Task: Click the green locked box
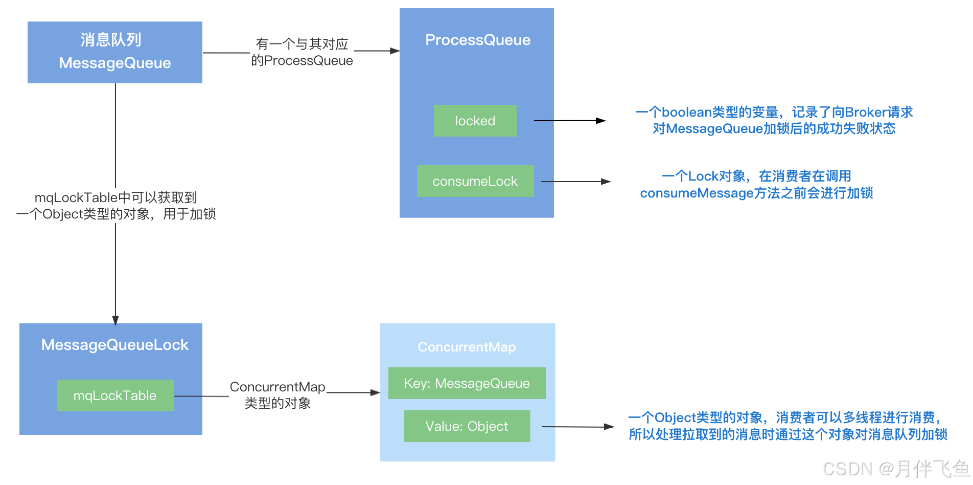click(x=475, y=121)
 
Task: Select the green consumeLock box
click(x=475, y=181)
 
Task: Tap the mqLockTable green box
click(x=115, y=395)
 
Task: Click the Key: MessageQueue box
click(x=467, y=383)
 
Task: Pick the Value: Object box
click(x=467, y=426)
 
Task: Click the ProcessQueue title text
click(x=477, y=40)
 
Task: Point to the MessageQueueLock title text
click(x=115, y=345)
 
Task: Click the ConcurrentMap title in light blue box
click(x=467, y=347)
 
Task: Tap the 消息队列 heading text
click(x=111, y=40)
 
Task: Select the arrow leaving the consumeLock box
click(x=575, y=182)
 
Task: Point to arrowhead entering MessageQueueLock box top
click(x=115, y=320)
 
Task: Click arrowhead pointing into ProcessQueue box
click(x=395, y=51)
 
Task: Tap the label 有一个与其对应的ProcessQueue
click(x=302, y=52)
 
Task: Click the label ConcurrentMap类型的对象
click(x=277, y=395)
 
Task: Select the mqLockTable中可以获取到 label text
click(x=115, y=197)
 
